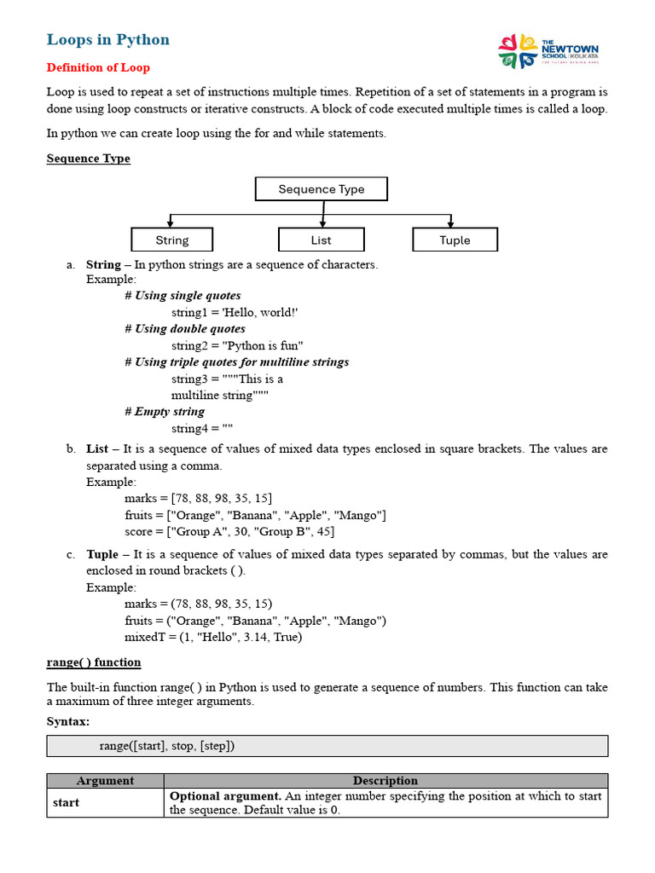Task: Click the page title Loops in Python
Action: point(107,39)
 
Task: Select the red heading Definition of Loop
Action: point(97,67)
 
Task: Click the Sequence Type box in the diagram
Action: point(321,189)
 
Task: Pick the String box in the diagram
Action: point(171,240)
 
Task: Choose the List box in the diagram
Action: point(321,240)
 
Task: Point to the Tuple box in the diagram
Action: point(455,240)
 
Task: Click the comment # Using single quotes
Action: point(183,296)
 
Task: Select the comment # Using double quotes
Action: point(184,329)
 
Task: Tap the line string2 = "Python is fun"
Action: point(237,345)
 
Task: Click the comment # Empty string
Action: point(165,412)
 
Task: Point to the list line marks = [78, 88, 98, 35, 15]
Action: point(199,499)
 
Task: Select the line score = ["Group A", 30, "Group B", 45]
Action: point(229,531)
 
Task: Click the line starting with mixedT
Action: point(213,637)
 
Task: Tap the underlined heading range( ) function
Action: point(94,662)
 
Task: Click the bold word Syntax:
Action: point(68,722)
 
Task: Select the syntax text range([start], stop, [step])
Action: point(166,746)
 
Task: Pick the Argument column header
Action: point(105,781)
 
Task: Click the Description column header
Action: point(385,781)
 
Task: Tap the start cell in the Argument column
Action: point(67,803)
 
